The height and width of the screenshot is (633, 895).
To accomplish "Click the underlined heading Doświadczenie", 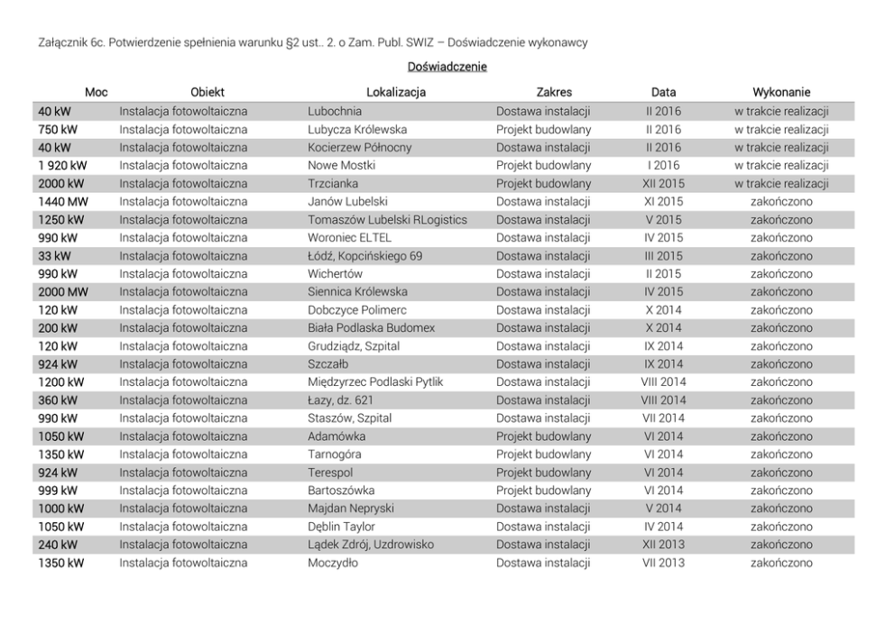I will (x=447, y=67).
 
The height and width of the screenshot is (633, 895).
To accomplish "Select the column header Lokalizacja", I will (x=395, y=92).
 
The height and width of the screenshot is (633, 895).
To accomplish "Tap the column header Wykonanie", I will (x=781, y=92).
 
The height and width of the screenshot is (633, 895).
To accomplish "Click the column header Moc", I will (x=96, y=92).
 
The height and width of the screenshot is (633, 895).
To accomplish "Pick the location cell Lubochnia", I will (x=335, y=112).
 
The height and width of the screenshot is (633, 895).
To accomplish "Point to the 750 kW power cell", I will (x=58, y=130).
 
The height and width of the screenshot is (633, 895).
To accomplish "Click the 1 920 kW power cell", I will (x=62, y=166).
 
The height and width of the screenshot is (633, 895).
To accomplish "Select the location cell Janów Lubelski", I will (x=347, y=202).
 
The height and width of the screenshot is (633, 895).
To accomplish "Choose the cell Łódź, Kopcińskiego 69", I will (x=364, y=256).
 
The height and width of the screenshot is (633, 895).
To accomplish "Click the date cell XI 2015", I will (x=663, y=202).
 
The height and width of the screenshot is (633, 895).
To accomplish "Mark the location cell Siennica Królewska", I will (x=357, y=292).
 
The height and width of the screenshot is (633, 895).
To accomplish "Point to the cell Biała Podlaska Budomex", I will (x=371, y=328).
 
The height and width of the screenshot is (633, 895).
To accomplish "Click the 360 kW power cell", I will (x=58, y=400).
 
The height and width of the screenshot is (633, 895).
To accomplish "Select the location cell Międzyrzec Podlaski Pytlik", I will (x=375, y=382).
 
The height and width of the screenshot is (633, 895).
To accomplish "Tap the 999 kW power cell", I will (x=58, y=491).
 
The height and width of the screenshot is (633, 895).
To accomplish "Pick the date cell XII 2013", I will (x=663, y=545).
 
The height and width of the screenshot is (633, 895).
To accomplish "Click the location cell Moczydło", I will (x=333, y=563).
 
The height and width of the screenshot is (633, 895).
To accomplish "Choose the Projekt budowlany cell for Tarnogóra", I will (x=543, y=454).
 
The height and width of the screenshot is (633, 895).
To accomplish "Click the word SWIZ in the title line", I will (x=405, y=42).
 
